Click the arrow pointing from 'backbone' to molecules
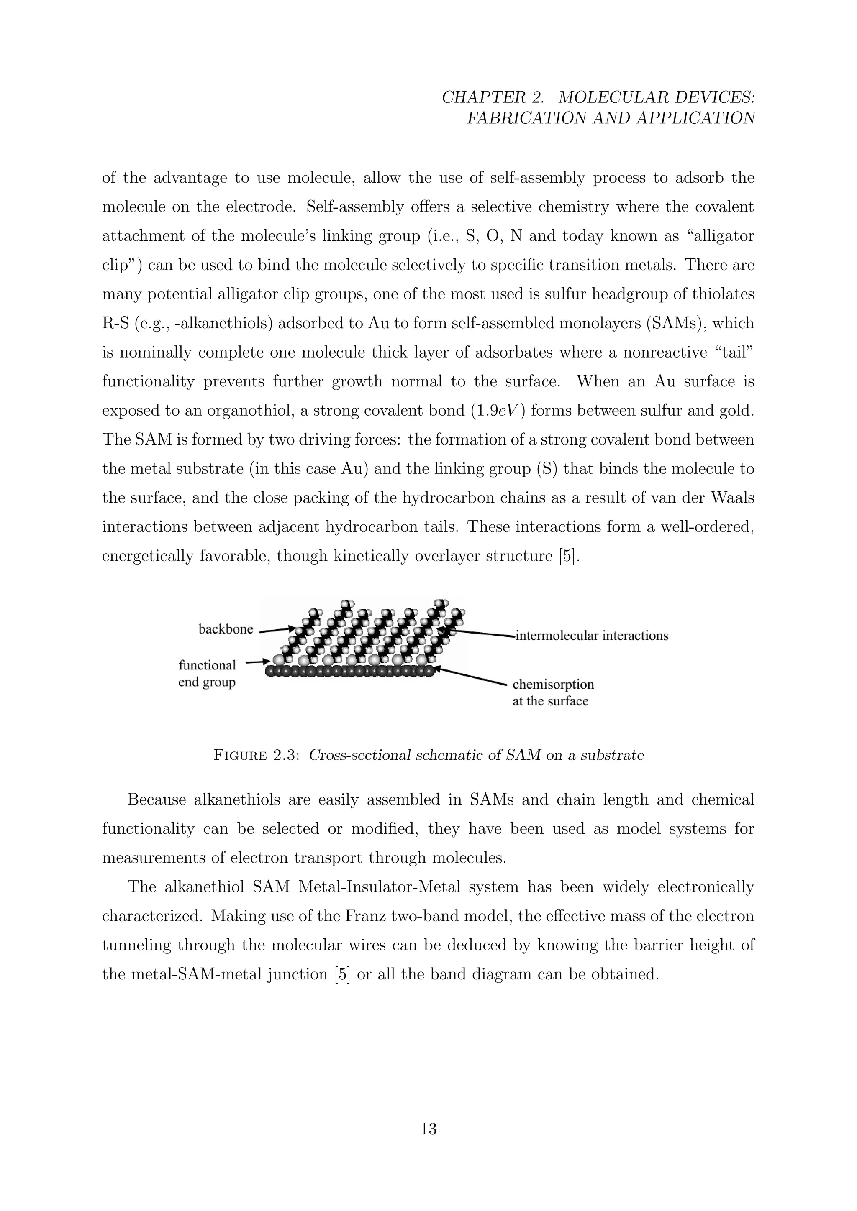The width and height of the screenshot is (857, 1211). click(x=277, y=629)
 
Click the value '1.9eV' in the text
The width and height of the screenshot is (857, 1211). click(x=497, y=410)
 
